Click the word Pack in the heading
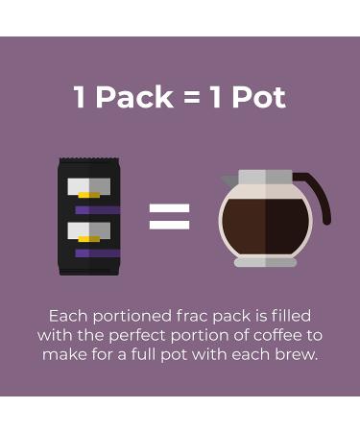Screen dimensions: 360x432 click(x=134, y=97)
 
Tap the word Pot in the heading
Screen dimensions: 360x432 click(x=258, y=97)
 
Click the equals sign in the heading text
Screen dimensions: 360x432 click(x=192, y=98)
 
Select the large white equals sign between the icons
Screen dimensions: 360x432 click(x=169, y=217)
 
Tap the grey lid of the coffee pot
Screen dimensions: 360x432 click(x=266, y=177)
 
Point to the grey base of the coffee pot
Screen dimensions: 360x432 click(x=265, y=262)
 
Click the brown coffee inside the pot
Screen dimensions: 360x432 click(x=265, y=226)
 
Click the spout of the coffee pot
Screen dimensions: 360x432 click(x=229, y=180)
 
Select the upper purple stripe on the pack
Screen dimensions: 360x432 click(x=97, y=210)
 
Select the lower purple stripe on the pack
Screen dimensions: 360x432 click(x=97, y=253)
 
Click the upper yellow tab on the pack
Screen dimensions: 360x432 click(x=89, y=195)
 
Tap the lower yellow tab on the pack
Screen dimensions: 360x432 click(x=89, y=239)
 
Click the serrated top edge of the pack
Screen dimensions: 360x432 click(x=89, y=159)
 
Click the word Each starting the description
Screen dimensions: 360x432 click(x=68, y=316)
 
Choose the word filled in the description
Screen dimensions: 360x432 click(x=291, y=316)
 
